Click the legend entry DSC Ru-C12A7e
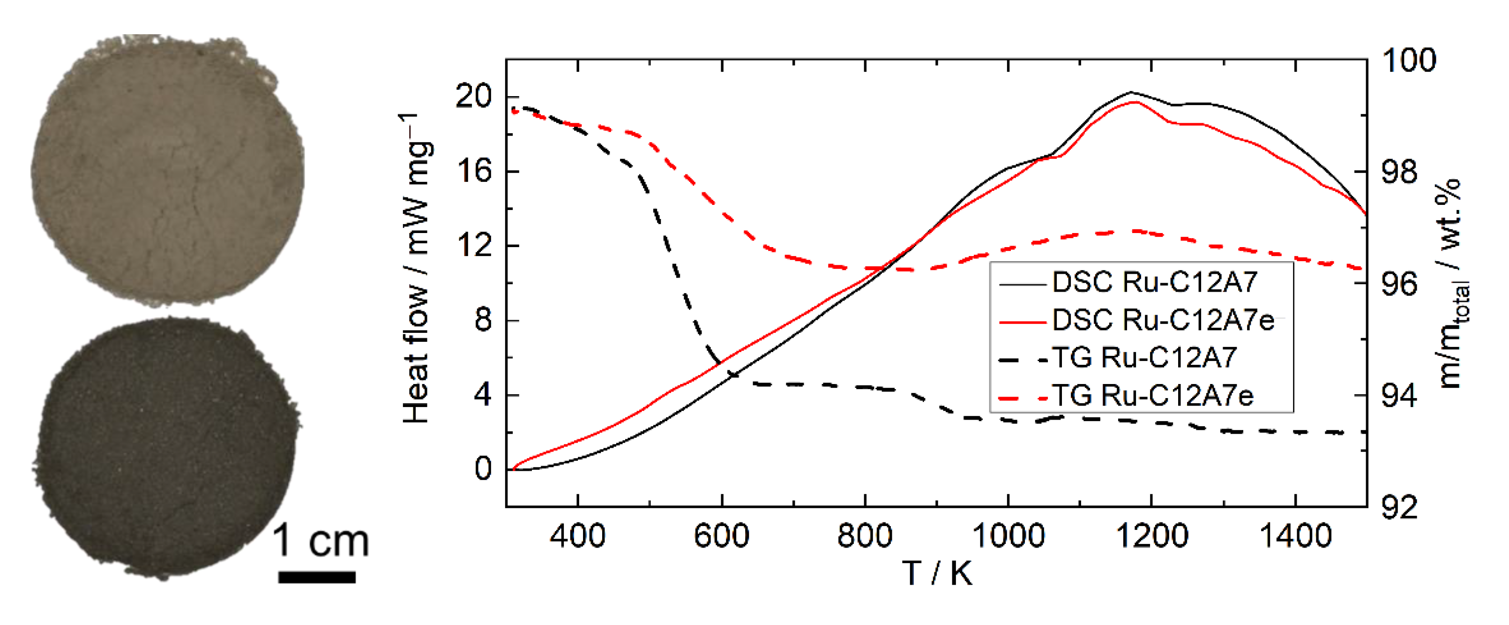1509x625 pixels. [x=1162, y=320]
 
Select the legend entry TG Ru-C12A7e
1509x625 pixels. [x=1152, y=396]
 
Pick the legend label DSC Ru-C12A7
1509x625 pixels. [x=1154, y=282]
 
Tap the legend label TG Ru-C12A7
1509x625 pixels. [x=1144, y=358]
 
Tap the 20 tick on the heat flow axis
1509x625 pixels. [x=473, y=96]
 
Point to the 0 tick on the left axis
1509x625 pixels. [x=483, y=469]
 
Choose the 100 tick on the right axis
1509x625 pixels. [x=1409, y=60]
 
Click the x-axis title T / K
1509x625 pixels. [x=937, y=573]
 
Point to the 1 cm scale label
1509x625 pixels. [x=321, y=541]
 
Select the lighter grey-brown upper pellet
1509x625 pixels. [x=167, y=170]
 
